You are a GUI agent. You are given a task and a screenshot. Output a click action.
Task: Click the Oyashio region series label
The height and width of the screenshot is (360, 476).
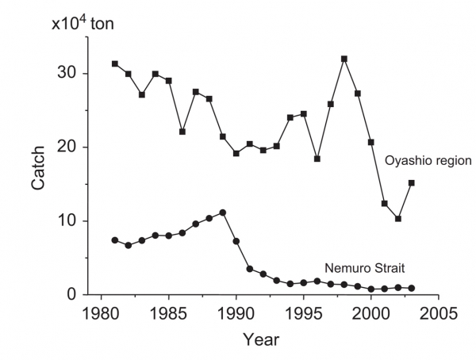point(429,162)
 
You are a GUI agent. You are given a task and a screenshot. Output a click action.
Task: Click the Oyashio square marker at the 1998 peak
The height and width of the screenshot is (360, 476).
point(344,59)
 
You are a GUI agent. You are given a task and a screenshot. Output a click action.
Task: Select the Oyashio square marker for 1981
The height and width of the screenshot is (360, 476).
point(115,63)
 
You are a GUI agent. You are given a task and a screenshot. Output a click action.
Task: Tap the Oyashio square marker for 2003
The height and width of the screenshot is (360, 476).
point(411,182)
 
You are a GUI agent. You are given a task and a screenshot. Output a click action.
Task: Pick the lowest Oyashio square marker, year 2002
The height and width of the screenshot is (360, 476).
point(398,219)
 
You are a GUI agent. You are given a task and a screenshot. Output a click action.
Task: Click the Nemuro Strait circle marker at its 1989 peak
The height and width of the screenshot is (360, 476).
point(223,213)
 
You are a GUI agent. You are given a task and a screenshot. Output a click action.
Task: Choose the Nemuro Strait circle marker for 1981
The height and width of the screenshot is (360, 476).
point(115,239)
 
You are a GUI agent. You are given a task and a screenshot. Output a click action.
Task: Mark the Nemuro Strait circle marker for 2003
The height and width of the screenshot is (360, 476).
point(411,289)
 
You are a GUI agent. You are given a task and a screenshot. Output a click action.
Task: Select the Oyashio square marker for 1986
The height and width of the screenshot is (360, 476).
point(182,132)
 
